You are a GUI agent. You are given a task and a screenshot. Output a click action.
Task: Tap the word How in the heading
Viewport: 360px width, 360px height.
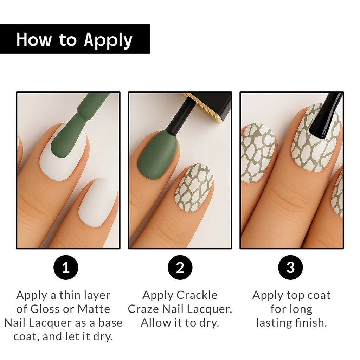pyautogui.click(x=34, y=39)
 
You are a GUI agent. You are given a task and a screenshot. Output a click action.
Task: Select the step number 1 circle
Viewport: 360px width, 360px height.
pyautogui.click(x=66, y=268)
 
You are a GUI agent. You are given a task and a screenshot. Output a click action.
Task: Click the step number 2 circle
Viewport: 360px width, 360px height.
pyautogui.click(x=180, y=268)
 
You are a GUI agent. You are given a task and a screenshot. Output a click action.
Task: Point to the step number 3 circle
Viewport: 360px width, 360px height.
pyautogui.click(x=290, y=268)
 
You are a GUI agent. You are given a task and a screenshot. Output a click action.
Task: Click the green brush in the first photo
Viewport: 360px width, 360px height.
pyautogui.click(x=76, y=129)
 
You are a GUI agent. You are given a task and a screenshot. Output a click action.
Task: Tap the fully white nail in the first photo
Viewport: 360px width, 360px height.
pyautogui.click(x=98, y=202)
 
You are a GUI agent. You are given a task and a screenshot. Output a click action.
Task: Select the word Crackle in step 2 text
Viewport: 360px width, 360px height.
pyautogui.click(x=197, y=295)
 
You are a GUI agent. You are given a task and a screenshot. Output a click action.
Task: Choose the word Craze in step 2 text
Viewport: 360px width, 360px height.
pyautogui.click(x=143, y=309)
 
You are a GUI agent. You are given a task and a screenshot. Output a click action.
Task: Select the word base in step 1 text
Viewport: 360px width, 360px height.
pyautogui.click(x=110, y=323)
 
